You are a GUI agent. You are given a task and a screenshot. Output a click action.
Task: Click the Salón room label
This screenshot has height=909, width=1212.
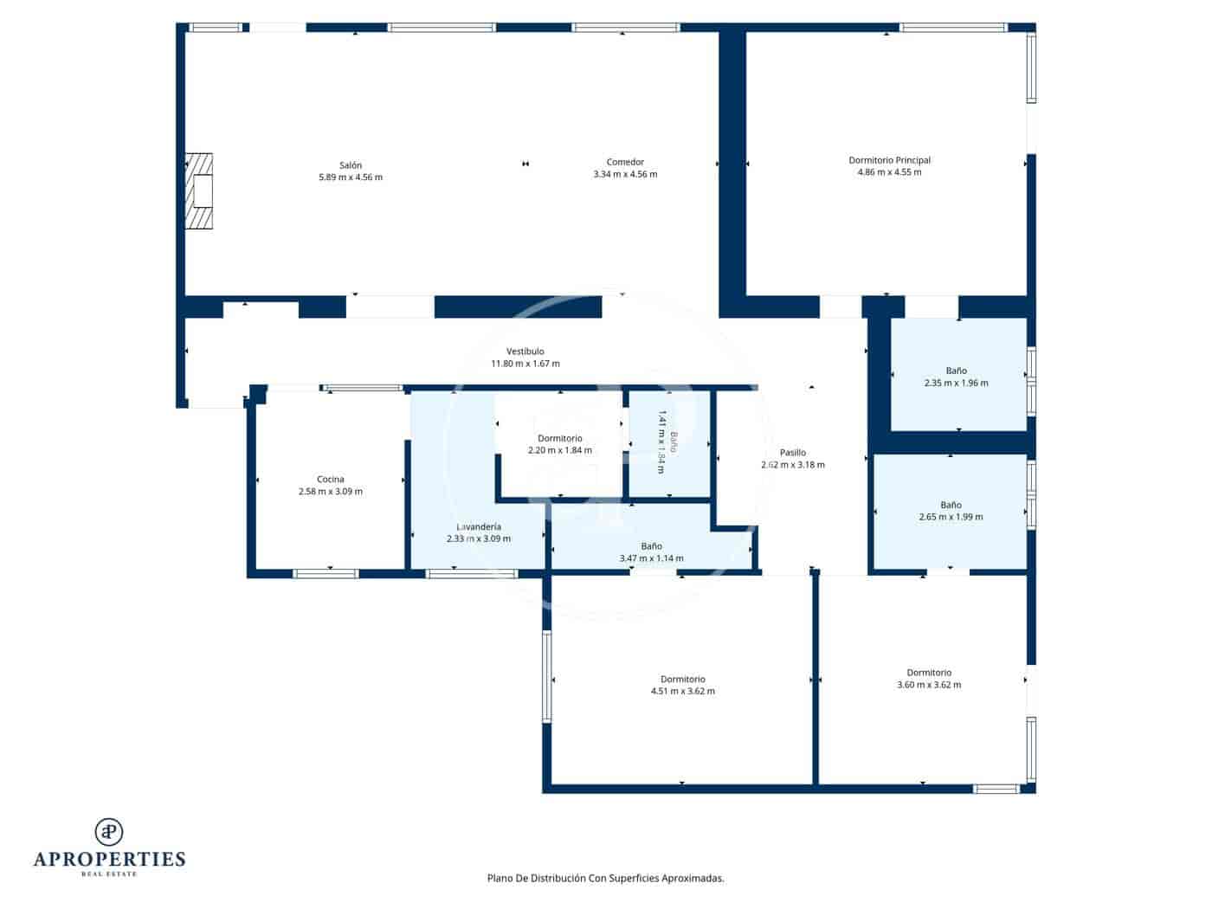[x=351, y=165]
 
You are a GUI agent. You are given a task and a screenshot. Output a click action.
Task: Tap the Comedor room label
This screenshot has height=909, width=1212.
[x=625, y=162]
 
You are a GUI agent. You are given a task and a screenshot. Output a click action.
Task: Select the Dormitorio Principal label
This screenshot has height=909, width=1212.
[x=889, y=160]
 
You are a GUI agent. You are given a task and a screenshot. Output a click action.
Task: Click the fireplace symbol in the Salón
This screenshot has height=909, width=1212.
[x=200, y=191]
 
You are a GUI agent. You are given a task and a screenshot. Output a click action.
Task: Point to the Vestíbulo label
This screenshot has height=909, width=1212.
[x=525, y=351]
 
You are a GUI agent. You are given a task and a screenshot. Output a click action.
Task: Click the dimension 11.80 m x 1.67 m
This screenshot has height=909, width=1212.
[x=525, y=364]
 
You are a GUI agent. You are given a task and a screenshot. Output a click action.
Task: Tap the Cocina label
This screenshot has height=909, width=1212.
[x=330, y=480]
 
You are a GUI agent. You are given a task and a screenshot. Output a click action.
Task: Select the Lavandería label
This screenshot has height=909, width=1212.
[x=479, y=526]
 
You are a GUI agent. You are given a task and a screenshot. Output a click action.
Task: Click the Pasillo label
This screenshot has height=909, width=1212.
[x=792, y=453]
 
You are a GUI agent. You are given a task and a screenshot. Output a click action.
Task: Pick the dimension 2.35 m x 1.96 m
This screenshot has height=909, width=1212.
[x=956, y=383]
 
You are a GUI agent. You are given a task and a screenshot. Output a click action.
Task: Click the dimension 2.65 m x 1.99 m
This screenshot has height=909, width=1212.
[x=951, y=517]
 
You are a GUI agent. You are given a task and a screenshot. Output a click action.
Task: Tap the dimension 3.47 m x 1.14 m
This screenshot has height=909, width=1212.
[x=651, y=558]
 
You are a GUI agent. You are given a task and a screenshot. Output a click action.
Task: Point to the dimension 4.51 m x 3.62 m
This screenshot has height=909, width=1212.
[x=682, y=692]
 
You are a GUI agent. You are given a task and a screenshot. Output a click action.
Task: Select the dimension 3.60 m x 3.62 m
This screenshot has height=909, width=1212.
[x=929, y=685]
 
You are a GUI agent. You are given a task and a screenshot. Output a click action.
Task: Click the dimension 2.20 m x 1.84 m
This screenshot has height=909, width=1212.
[x=560, y=450]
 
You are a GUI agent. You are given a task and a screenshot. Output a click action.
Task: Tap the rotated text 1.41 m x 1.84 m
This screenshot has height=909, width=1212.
[x=661, y=442]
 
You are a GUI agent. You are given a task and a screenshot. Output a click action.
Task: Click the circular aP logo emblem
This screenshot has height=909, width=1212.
[x=109, y=832]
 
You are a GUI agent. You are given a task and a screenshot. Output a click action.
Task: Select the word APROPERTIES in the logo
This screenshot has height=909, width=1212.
[x=109, y=860]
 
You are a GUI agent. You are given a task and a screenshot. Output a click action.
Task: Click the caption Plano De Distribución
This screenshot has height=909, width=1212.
[x=537, y=878]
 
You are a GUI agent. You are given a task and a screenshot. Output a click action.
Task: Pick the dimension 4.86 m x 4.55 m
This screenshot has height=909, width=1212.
[x=889, y=172]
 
